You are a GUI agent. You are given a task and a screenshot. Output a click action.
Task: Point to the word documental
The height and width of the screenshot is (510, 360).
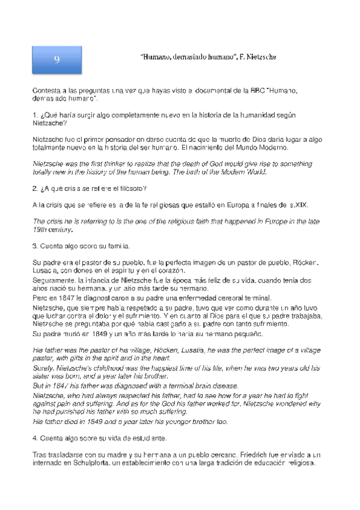coord(210,90)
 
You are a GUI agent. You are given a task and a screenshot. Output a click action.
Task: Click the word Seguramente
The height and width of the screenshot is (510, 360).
coord(55,280)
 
